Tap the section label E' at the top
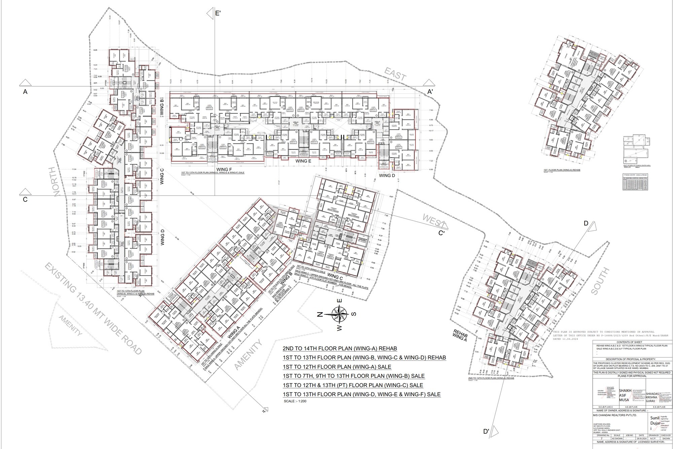(218, 13)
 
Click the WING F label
(224, 169)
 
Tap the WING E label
(303, 161)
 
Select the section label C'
(441, 233)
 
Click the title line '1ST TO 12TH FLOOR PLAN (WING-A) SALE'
(337, 367)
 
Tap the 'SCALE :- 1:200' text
(295, 401)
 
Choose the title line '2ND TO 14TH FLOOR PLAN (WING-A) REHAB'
(340, 348)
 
